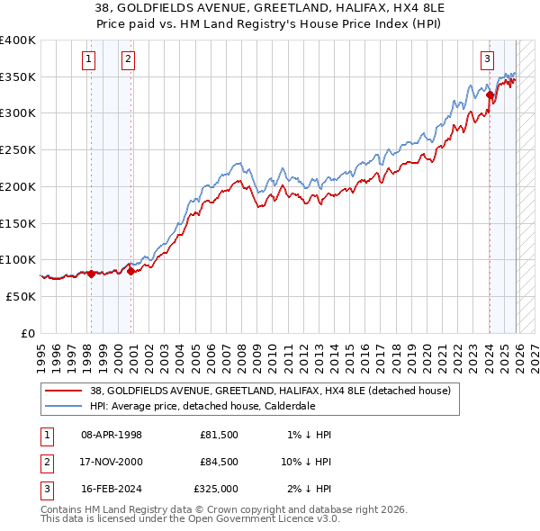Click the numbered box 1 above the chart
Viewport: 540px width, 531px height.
click(x=90, y=60)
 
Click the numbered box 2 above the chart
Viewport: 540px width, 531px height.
click(x=128, y=60)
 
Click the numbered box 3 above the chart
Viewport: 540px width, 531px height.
click(x=487, y=60)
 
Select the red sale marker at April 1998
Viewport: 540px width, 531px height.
click(x=91, y=274)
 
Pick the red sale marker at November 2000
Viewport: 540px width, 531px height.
click(x=131, y=270)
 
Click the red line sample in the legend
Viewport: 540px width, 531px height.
click(x=65, y=391)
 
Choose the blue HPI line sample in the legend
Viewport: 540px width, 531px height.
click(x=65, y=406)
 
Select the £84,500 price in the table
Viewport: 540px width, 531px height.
click(x=219, y=462)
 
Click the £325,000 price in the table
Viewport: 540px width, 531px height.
click(x=216, y=489)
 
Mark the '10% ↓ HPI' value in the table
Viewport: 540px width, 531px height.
click(x=306, y=462)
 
